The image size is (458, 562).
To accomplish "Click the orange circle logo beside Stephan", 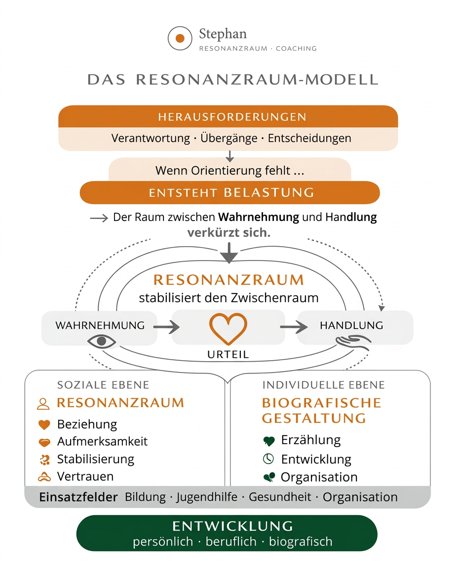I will [180, 38].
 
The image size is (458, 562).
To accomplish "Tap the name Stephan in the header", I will [223, 34].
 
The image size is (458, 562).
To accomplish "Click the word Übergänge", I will [229, 138].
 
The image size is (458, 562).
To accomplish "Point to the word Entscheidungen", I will [309, 138].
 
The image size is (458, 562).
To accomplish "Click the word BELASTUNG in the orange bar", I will [269, 192].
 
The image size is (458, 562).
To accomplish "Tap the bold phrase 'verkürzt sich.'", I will [229, 232].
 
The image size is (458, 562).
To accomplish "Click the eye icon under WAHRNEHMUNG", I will [102, 341].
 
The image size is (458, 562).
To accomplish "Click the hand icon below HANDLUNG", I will [352, 341].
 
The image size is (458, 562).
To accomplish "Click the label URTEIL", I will [228, 354].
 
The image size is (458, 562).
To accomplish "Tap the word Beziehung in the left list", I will [87, 424].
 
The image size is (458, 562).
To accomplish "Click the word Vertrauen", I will [85, 476].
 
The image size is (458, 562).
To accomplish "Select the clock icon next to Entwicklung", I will [268, 459].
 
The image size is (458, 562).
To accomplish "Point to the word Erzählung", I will [311, 440].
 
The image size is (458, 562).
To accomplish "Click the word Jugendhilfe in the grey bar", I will [207, 497].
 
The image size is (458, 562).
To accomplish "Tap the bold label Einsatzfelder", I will [78, 497].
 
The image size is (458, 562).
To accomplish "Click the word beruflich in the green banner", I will [231, 541].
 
